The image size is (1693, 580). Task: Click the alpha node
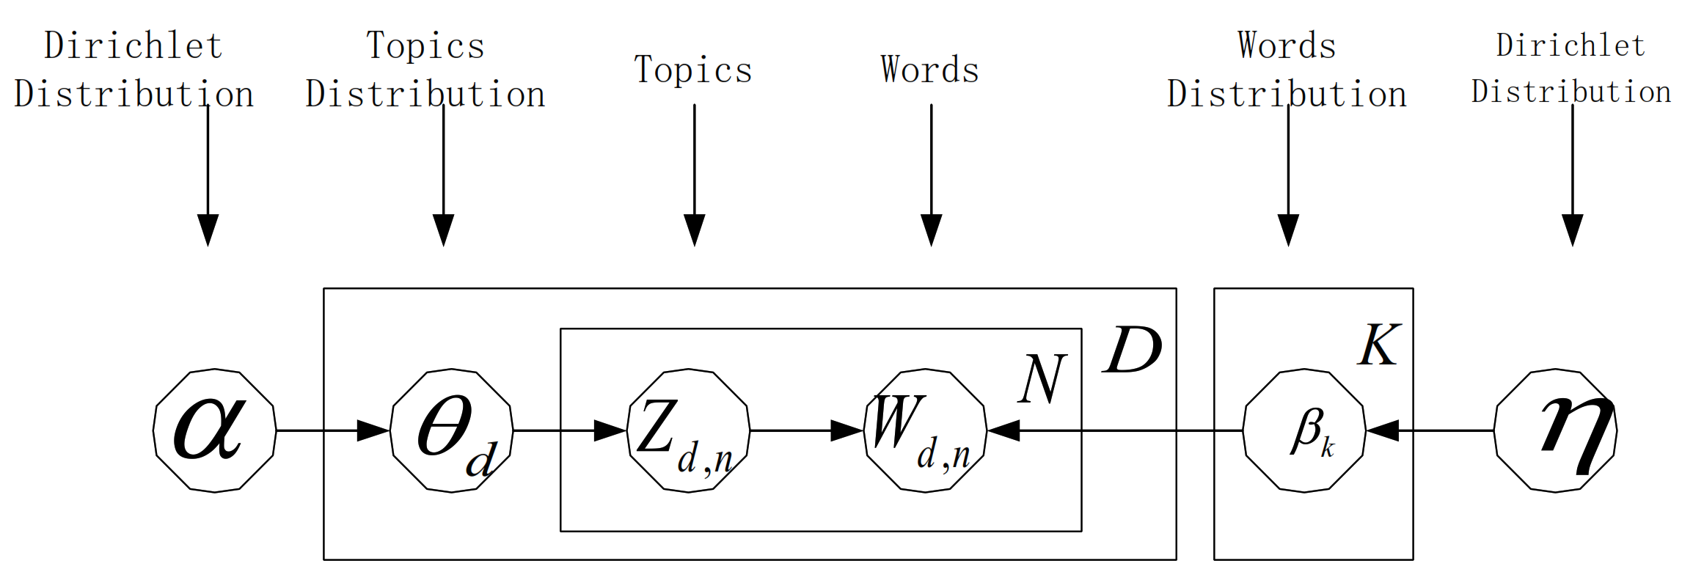(214, 430)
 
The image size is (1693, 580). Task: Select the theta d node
(451, 430)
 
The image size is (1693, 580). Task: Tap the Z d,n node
(688, 430)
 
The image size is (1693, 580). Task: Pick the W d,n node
(926, 430)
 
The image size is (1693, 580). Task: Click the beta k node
(1304, 430)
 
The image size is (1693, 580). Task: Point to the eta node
(1556, 430)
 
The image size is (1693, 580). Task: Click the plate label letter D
(1132, 350)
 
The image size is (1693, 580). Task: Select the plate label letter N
(1042, 379)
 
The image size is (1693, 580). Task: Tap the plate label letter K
(1379, 345)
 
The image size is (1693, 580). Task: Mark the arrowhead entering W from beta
(1003, 430)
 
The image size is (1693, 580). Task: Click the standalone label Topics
(693, 70)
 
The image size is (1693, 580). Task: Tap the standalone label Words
(929, 70)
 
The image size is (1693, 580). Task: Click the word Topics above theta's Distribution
(425, 45)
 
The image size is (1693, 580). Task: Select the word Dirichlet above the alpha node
(133, 45)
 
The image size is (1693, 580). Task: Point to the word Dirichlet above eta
(1570, 45)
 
